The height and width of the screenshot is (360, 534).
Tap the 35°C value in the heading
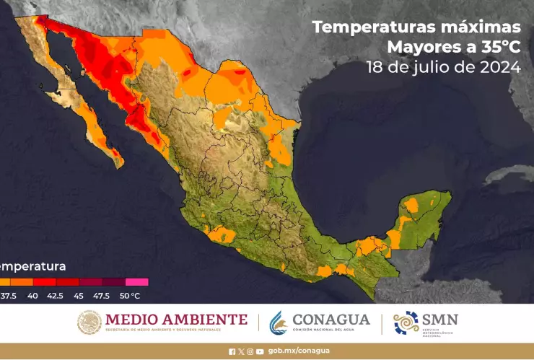496,48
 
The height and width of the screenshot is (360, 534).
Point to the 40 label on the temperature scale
33,295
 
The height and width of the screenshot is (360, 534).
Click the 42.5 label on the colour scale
55,295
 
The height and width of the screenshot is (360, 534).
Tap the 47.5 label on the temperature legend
101,295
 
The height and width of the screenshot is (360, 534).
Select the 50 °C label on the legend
130,295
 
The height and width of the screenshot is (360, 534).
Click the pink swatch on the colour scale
136,282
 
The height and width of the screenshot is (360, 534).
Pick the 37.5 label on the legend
8,295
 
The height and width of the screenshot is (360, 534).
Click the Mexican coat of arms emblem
89,322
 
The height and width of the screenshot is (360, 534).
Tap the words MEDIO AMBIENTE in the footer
176,319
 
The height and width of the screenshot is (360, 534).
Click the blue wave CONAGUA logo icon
278,322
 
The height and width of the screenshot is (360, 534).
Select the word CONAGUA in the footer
331,319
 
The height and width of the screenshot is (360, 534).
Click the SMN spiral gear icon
406,322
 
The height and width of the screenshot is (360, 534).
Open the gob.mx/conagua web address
299,351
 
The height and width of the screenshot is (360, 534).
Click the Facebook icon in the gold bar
232,351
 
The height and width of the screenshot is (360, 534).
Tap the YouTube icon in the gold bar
260,351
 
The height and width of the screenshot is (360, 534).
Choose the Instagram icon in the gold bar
250,351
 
